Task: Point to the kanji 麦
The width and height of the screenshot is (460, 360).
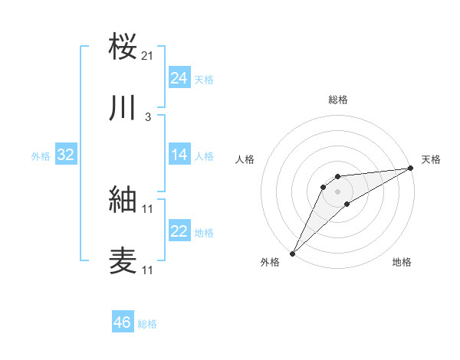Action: (x=123, y=260)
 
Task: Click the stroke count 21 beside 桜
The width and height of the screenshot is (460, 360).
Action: (x=148, y=55)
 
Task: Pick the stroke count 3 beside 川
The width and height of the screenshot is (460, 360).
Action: (x=148, y=116)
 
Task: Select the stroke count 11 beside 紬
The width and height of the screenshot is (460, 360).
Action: (x=148, y=208)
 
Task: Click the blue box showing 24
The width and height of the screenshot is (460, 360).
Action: (x=179, y=78)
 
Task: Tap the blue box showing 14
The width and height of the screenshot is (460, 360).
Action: (x=179, y=155)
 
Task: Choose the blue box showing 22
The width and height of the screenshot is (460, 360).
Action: (x=179, y=231)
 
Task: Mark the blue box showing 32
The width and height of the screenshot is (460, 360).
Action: (x=66, y=155)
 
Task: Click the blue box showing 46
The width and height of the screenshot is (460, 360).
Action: (x=122, y=322)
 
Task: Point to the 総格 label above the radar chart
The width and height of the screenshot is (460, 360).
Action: (x=338, y=100)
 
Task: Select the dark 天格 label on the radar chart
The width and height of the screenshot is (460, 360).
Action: (x=431, y=159)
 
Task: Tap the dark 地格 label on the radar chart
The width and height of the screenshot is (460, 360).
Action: (x=402, y=263)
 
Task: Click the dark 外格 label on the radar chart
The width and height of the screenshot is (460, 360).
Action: (x=270, y=263)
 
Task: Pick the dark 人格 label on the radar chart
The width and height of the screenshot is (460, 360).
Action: (x=245, y=159)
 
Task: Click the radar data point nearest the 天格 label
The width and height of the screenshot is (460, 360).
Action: (x=411, y=168)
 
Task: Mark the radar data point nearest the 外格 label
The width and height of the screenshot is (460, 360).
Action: (x=292, y=253)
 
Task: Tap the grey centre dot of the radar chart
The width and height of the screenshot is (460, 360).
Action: (x=337, y=191)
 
